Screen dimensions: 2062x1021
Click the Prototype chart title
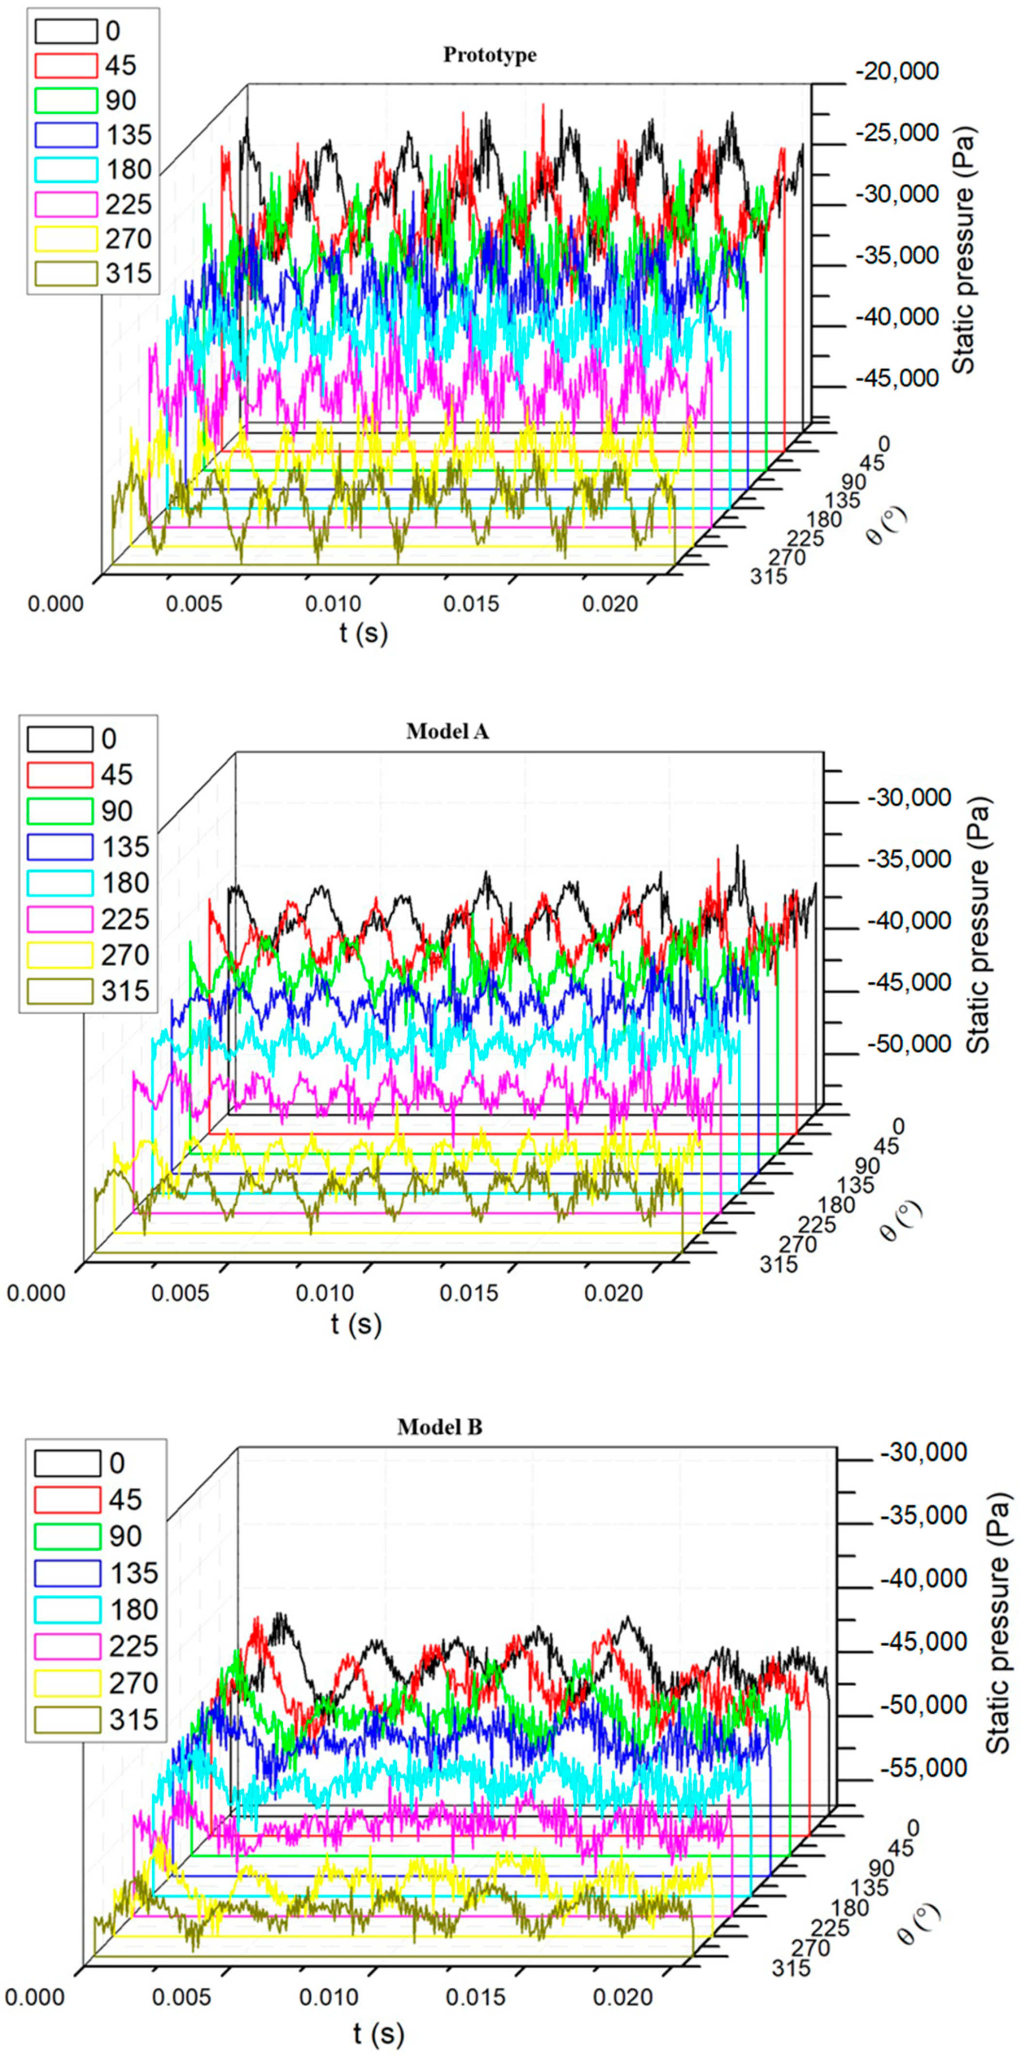click(x=490, y=55)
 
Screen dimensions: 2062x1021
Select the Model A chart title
click(x=447, y=731)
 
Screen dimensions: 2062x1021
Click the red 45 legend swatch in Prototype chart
click(x=65, y=65)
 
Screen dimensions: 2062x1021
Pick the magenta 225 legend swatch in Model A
click(x=60, y=919)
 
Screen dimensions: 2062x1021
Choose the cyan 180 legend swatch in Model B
click(x=67, y=1610)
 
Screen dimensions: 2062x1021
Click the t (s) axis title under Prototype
click(x=363, y=633)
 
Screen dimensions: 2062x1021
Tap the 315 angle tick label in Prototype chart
click(x=768, y=576)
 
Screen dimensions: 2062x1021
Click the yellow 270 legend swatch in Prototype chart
click(x=65, y=239)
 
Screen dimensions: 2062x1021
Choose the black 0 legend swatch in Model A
click(x=60, y=739)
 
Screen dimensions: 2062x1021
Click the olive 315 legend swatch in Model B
click(x=67, y=1720)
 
